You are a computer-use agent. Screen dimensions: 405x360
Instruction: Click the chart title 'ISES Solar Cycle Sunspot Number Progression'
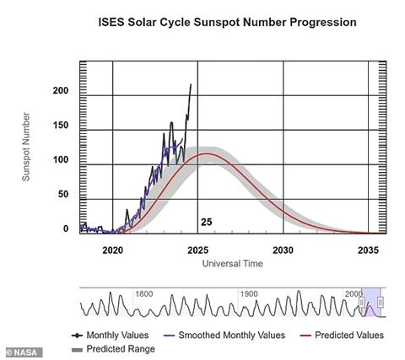(x=227, y=22)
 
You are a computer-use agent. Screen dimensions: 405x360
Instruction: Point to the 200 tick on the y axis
(x=61, y=90)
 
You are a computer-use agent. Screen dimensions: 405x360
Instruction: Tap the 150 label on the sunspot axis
(x=61, y=125)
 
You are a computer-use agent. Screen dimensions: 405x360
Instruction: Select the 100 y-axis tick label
(x=61, y=159)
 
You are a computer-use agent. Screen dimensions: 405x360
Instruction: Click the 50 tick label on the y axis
(x=63, y=194)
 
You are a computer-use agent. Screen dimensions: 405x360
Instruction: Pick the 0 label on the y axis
(x=66, y=228)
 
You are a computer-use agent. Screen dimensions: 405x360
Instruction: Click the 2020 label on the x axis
(x=113, y=250)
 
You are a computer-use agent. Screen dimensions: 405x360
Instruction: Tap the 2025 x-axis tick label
(x=198, y=250)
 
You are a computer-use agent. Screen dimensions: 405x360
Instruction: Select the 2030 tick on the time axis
(x=283, y=250)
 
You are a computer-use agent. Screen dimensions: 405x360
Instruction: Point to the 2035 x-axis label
(x=368, y=250)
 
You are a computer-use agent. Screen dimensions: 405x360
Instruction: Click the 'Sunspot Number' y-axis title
(x=26, y=147)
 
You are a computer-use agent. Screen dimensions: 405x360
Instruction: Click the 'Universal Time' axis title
(x=233, y=264)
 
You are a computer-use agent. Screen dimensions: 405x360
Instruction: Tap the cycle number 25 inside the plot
(x=207, y=222)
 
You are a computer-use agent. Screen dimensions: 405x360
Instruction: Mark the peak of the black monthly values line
(x=191, y=83)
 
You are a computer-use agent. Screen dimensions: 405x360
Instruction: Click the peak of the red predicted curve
(x=208, y=153)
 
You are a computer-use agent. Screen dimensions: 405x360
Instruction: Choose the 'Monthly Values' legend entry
(x=111, y=336)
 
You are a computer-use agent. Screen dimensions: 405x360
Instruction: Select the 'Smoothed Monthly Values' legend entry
(x=224, y=336)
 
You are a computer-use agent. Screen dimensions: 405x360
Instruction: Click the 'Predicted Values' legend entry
(x=342, y=336)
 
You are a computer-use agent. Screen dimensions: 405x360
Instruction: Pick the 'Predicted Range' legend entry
(x=113, y=349)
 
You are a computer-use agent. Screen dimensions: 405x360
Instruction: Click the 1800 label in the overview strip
(x=144, y=294)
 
